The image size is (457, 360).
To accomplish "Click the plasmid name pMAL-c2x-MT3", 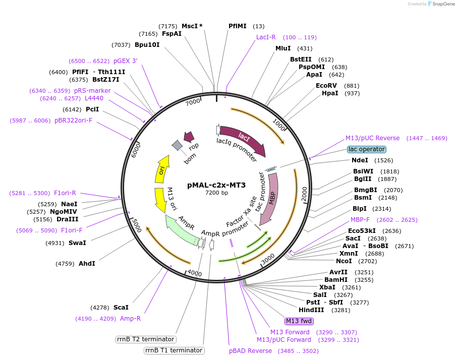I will click(x=216, y=185).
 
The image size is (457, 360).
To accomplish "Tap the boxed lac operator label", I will click(x=367, y=149).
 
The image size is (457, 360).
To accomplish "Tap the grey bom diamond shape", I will click(x=177, y=145).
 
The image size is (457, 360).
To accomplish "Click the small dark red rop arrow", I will click(x=189, y=137).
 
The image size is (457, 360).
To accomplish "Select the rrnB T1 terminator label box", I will click(x=174, y=350).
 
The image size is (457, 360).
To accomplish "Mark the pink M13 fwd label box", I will click(x=299, y=321).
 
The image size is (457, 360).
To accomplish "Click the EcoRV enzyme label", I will click(x=326, y=86).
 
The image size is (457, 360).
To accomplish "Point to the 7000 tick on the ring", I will click(x=194, y=102).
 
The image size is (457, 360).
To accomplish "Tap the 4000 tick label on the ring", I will click(x=194, y=273).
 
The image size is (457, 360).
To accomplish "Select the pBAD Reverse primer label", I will click(x=251, y=351).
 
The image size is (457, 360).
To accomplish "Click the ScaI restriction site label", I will click(x=121, y=307).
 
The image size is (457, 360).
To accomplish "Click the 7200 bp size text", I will click(x=216, y=193).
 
